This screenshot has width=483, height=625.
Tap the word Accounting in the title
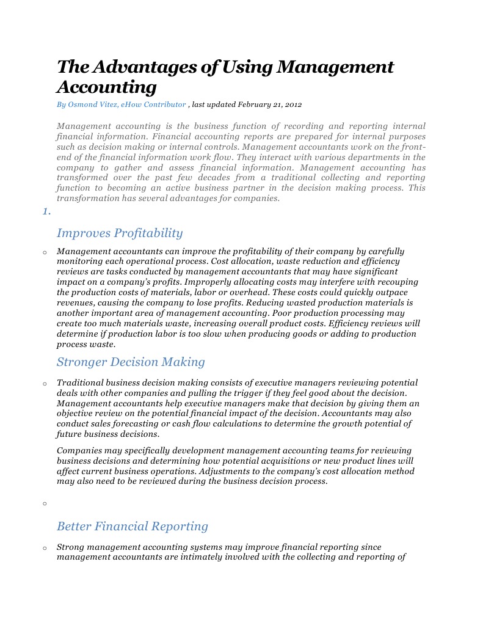(107, 87)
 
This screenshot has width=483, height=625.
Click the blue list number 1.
(46, 211)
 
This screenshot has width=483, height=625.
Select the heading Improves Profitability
(120, 233)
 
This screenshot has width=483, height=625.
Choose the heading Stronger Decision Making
(131, 362)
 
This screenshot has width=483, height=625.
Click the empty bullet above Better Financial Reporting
(45, 504)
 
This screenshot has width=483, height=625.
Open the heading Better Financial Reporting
(132, 526)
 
